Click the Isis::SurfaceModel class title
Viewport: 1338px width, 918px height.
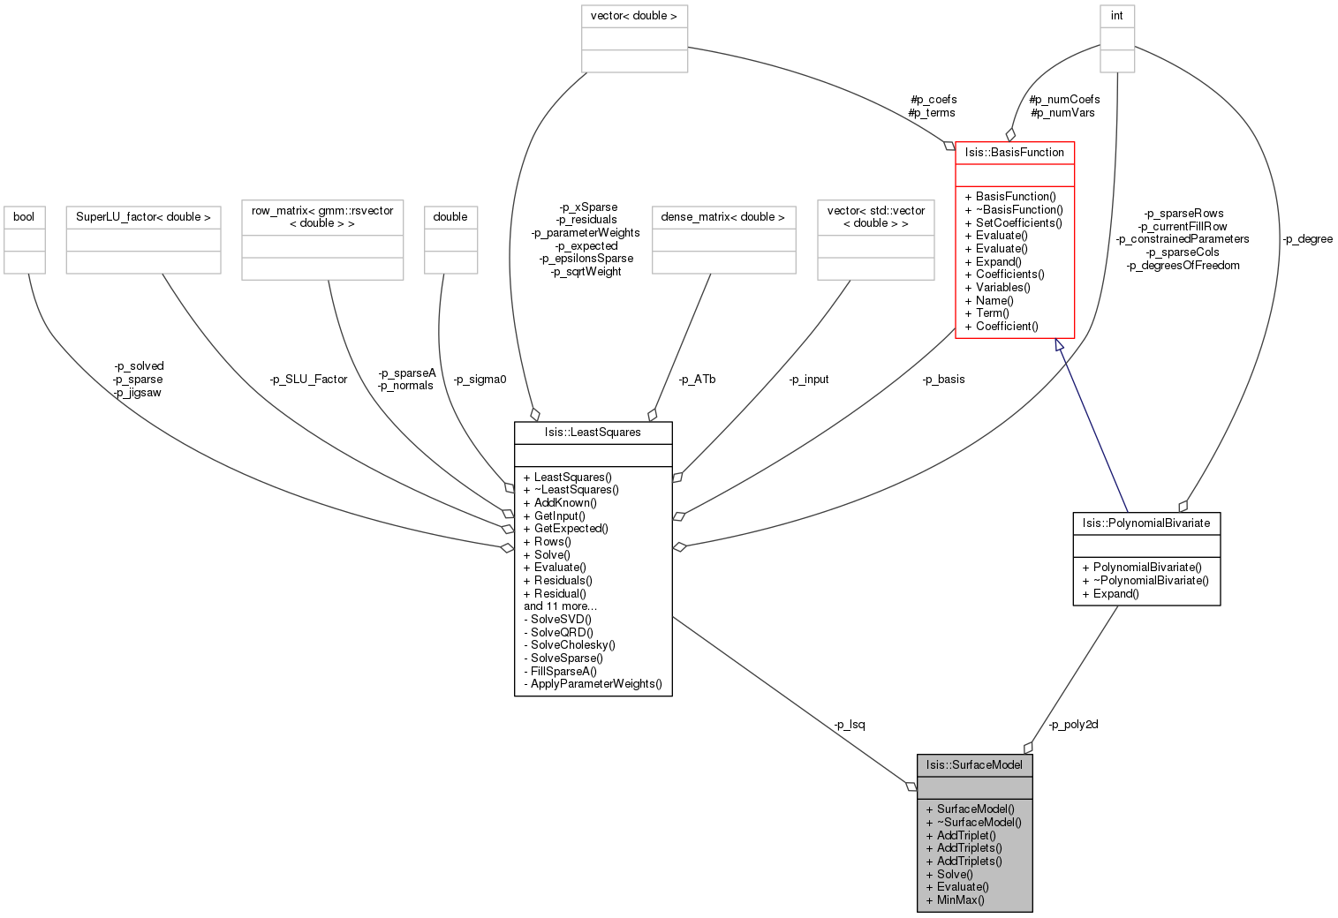[x=974, y=765]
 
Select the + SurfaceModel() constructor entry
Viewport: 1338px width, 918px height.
[x=975, y=809]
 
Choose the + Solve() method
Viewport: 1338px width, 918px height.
[x=955, y=874]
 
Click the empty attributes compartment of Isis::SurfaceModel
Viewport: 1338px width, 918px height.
[x=974, y=787]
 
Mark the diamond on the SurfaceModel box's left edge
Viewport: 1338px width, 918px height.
[x=911, y=786]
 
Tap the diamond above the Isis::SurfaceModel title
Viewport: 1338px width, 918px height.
[x=1028, y=748]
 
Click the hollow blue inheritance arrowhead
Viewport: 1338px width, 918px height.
[x=1060, y=347]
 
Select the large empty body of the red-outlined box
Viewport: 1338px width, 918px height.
[x=1015, y=261]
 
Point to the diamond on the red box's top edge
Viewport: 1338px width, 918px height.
[x=1010, y=135]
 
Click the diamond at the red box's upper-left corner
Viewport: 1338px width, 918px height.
[x=949, y=146]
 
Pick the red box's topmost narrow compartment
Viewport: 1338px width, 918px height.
[x=1015, y=153]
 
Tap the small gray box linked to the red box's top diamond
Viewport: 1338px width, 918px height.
[x=1117, y=39]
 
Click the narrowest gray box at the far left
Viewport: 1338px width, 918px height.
[x=25, y=240]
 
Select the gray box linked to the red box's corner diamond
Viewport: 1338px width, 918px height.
[x=634, y=39]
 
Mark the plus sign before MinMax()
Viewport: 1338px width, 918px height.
[x=930, y=900]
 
